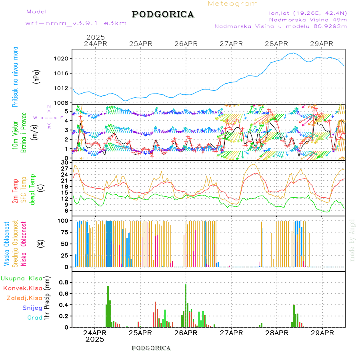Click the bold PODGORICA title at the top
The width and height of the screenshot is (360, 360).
tap(163, 14)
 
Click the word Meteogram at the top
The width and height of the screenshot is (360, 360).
tap(233, 4)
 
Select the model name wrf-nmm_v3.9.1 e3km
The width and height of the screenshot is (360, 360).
tap(76, 23)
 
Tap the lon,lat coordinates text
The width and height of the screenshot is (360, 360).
tap(308, 13)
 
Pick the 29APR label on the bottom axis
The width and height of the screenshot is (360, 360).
tap(322, 332)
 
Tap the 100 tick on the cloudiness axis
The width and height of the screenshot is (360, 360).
tap(64, 221)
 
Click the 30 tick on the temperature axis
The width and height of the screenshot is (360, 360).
tap(65, 162)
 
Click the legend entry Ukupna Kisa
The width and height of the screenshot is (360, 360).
tap(21, 278)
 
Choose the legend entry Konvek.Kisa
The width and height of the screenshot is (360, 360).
tap(22, 288)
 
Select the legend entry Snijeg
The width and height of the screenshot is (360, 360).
tap(32, 308)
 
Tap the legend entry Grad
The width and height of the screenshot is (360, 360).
tap(34, 318)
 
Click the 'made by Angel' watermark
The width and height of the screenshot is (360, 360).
tap(352, 240)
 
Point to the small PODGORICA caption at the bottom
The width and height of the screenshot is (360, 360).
tap(151, 348)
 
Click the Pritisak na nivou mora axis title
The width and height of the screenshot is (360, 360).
tap(16, 79)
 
